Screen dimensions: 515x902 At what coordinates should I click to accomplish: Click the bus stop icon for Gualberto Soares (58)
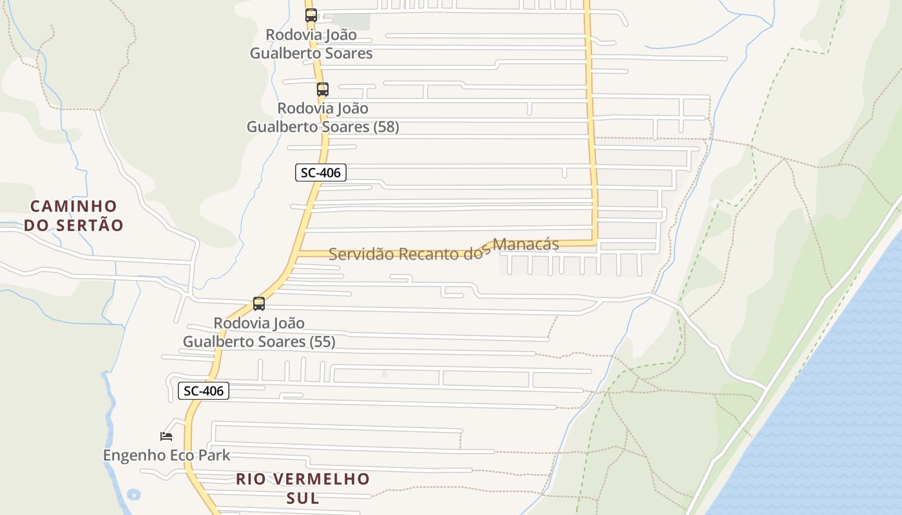tap(322, 89)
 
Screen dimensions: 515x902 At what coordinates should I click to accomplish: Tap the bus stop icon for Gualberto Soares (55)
tap(258, 304)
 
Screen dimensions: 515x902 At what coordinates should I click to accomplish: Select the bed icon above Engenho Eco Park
tap(166, 436)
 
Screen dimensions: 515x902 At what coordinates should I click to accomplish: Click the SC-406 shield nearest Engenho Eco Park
tap(204, 391)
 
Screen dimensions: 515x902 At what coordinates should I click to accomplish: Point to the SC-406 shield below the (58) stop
tap(321, 173)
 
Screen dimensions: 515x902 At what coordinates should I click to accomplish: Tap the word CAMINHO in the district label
tap(74, 207)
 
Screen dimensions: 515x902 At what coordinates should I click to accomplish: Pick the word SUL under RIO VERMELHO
tap(303, 498)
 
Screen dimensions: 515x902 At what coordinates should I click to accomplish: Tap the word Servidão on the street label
tap(361, 254)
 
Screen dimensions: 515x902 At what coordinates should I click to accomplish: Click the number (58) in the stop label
tap(386, 127)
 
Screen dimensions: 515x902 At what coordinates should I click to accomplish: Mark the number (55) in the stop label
tap(322, 341)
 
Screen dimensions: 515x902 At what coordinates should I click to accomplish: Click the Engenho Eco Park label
tap(166, 455)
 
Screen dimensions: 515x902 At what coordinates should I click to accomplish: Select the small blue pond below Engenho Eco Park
tap(133, 495)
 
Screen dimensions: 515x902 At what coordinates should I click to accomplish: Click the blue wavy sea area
tap(831, 399)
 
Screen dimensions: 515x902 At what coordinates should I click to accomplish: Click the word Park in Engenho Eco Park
tap(213, 455)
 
